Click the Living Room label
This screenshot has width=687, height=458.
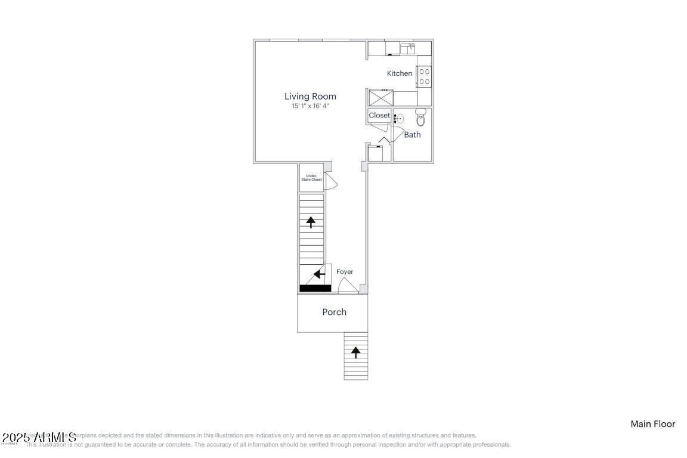point(310,96)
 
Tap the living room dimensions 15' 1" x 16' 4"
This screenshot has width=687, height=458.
point(310,106)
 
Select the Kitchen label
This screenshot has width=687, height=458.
point(400,73)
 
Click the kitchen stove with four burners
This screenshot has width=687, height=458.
point(425,76)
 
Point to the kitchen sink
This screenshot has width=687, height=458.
point(408,48)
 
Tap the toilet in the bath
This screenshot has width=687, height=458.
point(421,117)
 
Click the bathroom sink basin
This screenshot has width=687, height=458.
point(400,119)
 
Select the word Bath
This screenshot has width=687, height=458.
point(412,135)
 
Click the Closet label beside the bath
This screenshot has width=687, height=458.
point(379,115)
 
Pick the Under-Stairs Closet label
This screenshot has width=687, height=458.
point(311,178)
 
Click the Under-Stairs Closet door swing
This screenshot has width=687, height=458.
point(332,181)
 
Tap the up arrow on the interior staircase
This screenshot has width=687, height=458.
point(311,222)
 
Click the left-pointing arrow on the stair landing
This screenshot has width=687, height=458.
point(320,274)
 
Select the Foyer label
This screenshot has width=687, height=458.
point(345,272)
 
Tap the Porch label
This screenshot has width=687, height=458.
point(334,312)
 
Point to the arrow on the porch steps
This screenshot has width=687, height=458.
point(356,352)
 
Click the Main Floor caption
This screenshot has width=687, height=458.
point(652,424)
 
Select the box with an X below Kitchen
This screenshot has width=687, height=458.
point(381,97)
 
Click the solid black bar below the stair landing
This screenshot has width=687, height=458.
point(315,289)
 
